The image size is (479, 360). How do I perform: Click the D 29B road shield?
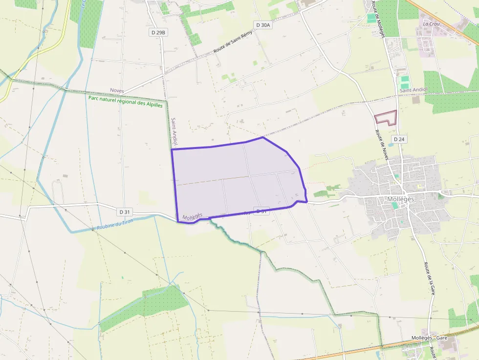158,32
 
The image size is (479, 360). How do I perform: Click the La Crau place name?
432,23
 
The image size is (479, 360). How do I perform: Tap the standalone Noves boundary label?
117,91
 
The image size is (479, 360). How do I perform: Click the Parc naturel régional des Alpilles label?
126,101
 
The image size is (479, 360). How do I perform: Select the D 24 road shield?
399,139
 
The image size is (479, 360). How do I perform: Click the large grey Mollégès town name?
400,199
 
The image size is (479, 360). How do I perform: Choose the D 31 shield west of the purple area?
124,212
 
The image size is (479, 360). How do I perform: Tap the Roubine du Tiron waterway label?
115,225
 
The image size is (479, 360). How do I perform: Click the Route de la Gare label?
430,278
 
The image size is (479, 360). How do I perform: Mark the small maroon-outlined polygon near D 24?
386,118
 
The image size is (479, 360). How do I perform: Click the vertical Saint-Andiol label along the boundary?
174,131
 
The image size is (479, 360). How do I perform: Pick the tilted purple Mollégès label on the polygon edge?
192,215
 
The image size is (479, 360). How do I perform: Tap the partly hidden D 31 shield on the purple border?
261,212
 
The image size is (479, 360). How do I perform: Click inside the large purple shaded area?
235,178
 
